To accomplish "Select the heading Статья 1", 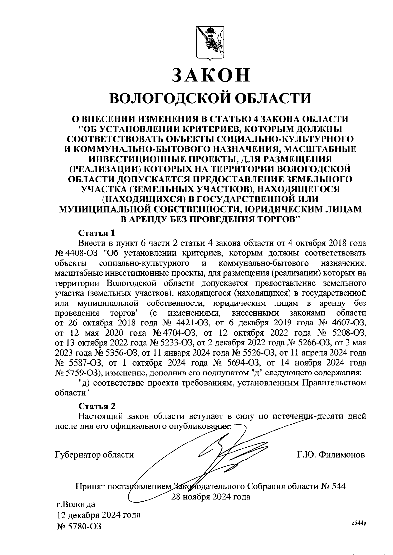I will [97, 233].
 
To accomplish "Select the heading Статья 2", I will [97, 406].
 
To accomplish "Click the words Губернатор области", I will [94, 455].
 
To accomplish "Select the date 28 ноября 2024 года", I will [211, 497].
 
